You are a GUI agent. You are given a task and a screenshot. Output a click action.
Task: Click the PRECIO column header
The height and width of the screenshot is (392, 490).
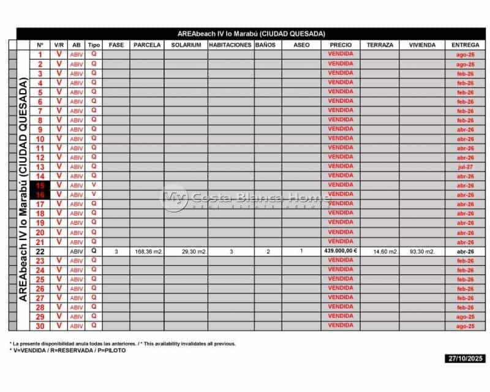[340, 45]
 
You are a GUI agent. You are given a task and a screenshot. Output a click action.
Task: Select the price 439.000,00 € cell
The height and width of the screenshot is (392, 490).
[340, 251]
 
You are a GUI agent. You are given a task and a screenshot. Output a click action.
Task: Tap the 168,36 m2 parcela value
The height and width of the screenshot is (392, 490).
[148, 251]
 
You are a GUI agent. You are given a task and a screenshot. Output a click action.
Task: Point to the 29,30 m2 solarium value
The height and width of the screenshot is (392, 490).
[186, 251]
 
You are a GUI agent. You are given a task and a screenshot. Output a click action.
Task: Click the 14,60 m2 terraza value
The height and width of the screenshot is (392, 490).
[379, 251]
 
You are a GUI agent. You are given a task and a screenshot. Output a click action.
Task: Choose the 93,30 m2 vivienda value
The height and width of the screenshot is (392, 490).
[421, 251]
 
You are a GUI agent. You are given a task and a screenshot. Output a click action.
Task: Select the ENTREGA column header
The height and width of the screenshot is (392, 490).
[466, 45]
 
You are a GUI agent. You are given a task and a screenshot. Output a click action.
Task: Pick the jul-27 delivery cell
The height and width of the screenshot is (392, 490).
[466, 167]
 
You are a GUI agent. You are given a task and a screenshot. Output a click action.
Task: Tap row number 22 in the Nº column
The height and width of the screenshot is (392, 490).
[40, 251]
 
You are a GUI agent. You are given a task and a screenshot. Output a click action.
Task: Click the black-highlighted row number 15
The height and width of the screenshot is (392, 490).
[40, 185]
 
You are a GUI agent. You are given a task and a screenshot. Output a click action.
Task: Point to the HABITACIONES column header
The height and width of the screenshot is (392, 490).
[230, 45]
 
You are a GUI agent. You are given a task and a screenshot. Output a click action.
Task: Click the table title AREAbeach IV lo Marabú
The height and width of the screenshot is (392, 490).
[251, 34]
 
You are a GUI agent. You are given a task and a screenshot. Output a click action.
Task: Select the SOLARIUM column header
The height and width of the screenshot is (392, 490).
[186, 45]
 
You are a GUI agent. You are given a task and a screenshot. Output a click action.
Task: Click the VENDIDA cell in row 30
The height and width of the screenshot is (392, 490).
[340, 325]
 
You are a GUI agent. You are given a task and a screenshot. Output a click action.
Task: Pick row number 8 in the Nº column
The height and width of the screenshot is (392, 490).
[40, 120]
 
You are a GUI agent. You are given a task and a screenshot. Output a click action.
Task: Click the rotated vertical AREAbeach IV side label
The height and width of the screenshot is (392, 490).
[23, 190]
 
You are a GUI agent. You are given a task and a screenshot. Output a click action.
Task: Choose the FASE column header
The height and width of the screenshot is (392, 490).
[116, 45]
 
